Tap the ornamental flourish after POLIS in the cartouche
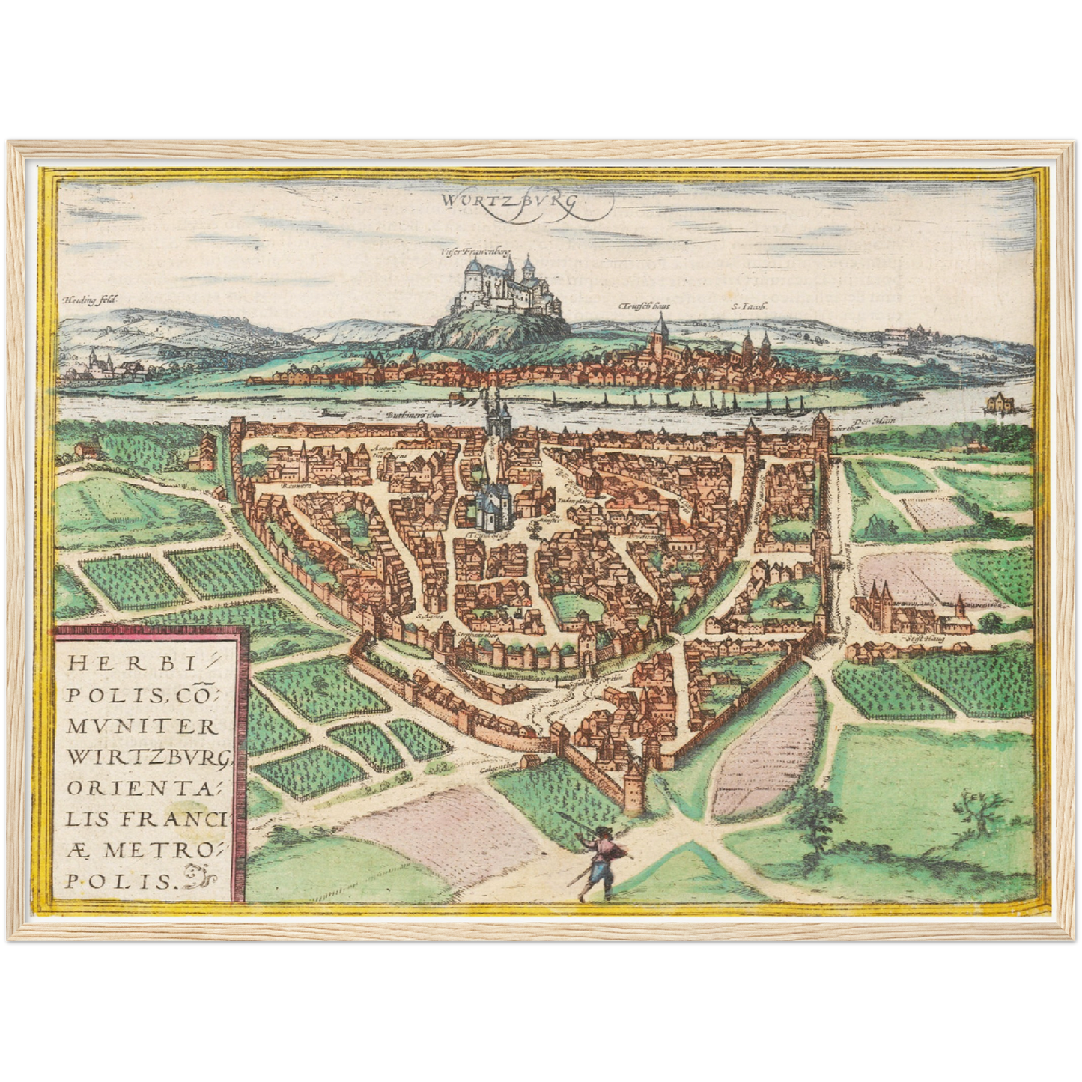(x=196, y=874)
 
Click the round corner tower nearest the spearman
(x=634, y=786)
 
